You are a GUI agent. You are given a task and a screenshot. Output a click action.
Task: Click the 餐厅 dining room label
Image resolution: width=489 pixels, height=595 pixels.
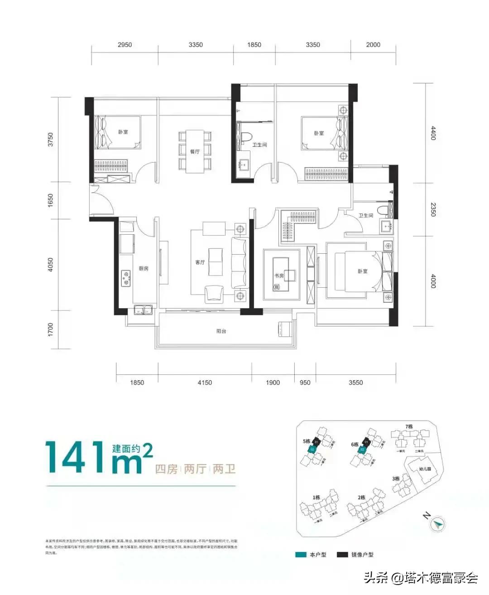click(195, 151)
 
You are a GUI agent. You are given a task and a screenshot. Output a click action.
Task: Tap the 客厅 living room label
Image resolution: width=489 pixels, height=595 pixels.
click(200, 262)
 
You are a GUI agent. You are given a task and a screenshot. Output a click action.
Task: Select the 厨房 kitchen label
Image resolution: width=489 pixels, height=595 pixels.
click(144, 268)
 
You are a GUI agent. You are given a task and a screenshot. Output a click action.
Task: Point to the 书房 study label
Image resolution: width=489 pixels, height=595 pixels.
click(279, 275)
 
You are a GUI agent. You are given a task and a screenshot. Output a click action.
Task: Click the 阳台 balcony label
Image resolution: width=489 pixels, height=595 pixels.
click(221, 331)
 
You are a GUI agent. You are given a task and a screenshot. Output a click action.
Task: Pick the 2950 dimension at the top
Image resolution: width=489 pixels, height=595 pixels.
click(125, 44)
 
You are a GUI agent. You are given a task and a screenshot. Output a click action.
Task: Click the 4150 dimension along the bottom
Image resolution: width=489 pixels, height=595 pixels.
click(205, 382)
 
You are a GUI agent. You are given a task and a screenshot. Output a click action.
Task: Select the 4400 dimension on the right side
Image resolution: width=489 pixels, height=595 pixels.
click(433, 133)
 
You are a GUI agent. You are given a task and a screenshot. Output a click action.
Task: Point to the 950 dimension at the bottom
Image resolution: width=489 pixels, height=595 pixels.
click(305, 382)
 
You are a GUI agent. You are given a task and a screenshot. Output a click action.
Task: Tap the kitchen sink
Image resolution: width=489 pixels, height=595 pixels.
click(143, 311)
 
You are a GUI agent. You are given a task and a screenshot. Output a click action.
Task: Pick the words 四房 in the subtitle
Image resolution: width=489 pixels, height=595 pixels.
click(166, 469)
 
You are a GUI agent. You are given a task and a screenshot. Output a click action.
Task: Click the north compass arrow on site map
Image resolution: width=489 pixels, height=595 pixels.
click(437, 524)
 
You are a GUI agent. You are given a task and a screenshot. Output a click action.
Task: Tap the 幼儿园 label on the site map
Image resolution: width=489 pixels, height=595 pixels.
click(425, 469)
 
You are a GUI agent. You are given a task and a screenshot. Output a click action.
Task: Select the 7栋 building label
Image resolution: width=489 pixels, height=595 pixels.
click(409, 426)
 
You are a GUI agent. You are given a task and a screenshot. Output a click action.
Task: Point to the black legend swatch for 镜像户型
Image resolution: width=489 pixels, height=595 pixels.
click(342, 555)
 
